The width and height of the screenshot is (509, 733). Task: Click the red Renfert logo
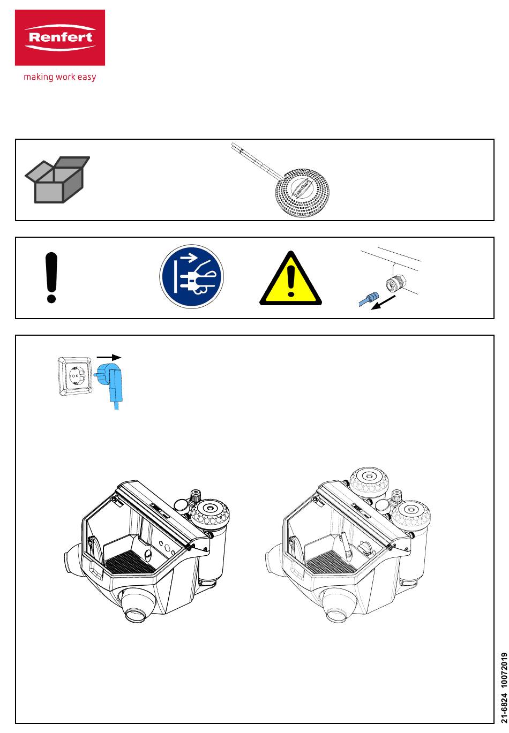pyautogui.click(x=59, y=37)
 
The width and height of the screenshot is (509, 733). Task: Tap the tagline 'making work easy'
pyautogui.click(x=59, y=77)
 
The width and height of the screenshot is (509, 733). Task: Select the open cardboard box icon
pyautogui.click(x=57, y=180)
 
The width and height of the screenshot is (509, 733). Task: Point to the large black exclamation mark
pyautogui.click(x=51, y=278)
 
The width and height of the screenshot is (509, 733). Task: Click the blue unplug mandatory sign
pyautogui.click(x=191, y=277)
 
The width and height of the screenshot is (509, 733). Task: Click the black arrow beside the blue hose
pyautogui.click(x=385, y=303)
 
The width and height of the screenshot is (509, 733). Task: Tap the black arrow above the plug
pyautogui.click(x=109, y=357)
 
